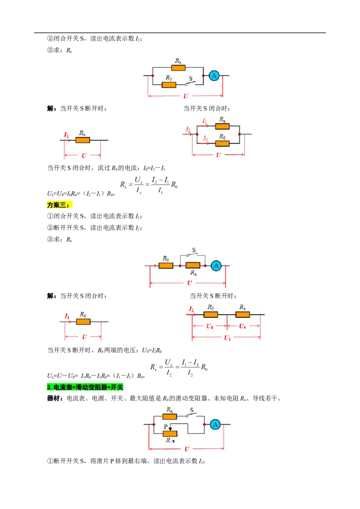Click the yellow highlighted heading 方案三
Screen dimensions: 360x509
click(x=59, y=205)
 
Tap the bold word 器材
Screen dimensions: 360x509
click(x=54, y=398)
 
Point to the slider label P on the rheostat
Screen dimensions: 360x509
click(x=166, y=427)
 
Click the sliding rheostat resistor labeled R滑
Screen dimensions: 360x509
click(x=170, y=434)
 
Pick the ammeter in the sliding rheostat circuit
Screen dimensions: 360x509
click(x=215, y=424)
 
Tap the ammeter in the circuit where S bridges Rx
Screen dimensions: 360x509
click(x=216, y=266)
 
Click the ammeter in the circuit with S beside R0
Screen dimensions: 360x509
click(x=214, y=76)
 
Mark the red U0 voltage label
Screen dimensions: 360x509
click(x=210, y=326)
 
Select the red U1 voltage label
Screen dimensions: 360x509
click(x=227, y=338)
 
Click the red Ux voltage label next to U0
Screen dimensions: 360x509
click(x=243, y=326)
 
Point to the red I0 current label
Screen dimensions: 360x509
click(x=205, y=138)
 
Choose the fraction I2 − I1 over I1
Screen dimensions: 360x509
click(x=161, y=185)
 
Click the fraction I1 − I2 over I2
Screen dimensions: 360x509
click(x=190, y=367)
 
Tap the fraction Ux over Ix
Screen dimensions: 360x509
click(x=139, y=185)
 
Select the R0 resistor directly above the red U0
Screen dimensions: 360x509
click(x=211, y=314)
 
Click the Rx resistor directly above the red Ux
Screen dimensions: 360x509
click(x=243, y=314)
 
